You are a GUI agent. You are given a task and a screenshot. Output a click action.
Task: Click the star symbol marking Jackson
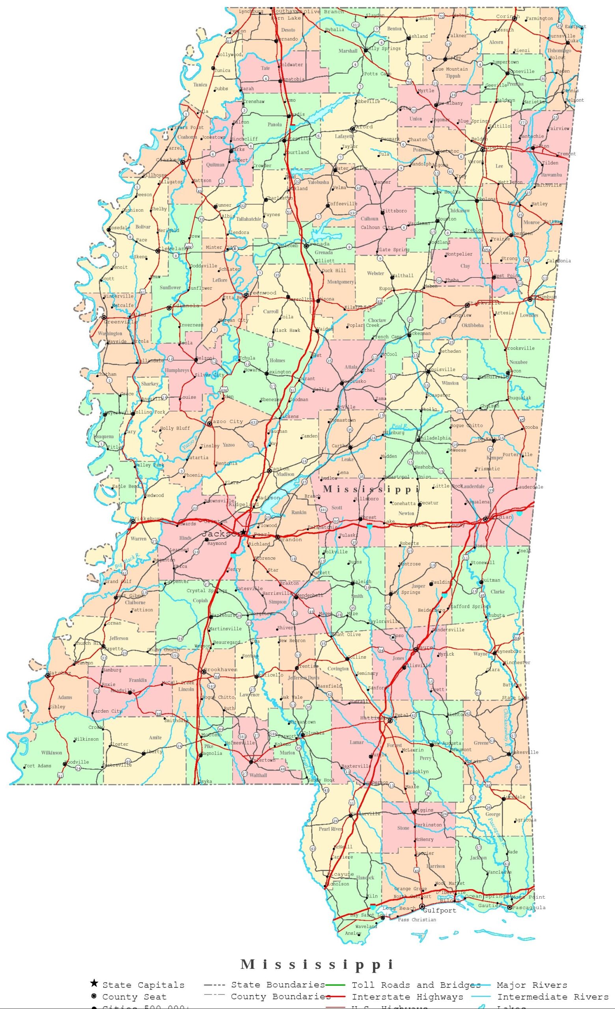click(x=244, y=532)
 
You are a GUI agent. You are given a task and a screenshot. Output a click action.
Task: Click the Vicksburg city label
click(x=149, y=519)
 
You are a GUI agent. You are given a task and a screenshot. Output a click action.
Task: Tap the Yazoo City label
click(x=228, y=421)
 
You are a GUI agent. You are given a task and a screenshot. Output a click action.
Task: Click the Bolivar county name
click(x=143, y=227)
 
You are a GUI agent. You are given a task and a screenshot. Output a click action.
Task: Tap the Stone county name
click(x=403, y=828)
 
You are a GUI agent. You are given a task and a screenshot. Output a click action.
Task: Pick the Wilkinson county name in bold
click(x=52, y=753)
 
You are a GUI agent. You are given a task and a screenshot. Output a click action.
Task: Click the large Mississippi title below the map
click(x=317, y=964)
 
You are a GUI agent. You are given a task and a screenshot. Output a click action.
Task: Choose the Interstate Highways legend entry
click(x=407, y=997)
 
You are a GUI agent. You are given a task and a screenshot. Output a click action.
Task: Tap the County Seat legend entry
click(x=134, y=997)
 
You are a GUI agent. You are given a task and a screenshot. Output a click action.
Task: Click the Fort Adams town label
click(x=38, y=766)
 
